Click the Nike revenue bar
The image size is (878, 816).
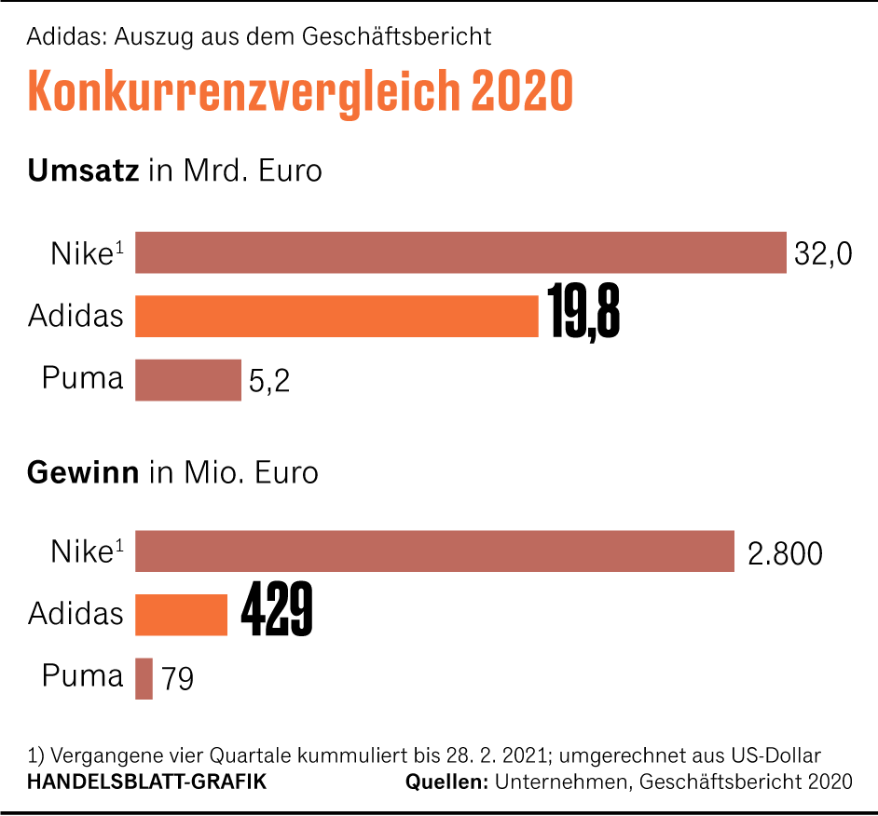pos(461,252)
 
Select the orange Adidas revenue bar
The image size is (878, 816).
pos(336,316)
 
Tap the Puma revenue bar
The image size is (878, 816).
pos(188,380)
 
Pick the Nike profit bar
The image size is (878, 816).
pos(435,551)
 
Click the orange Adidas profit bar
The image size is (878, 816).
pos(182,615)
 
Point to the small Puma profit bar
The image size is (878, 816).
pos(144,678)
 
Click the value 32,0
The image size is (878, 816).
pos(823,254)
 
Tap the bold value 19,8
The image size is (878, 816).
pos(584,315)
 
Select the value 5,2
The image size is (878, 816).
pos(269,381)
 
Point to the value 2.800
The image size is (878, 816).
pos(785,553)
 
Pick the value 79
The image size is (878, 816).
pos(177,679)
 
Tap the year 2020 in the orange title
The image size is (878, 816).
pos(521,90)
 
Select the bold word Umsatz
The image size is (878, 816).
pos(84,171)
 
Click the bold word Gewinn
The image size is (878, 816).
pos(83,472)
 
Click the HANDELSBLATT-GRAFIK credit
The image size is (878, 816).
pos(146,782)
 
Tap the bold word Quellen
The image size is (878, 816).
pos(447,782)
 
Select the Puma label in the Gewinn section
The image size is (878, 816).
pos(82,675)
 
